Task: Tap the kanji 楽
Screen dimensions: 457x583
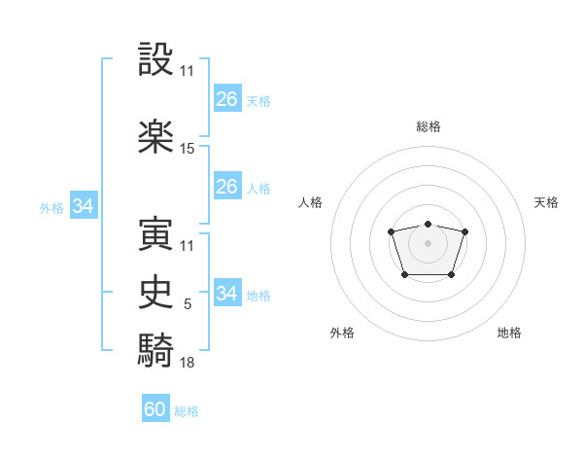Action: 155,137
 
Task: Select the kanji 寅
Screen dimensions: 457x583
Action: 155,234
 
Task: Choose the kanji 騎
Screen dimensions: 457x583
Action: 155,350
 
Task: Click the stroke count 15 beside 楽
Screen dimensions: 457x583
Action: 188,149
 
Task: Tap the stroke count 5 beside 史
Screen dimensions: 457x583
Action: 188,304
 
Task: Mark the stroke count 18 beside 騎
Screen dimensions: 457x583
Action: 188,363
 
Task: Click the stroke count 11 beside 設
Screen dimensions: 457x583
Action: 188,71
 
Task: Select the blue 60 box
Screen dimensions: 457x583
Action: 155,409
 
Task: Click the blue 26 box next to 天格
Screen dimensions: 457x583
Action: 226,99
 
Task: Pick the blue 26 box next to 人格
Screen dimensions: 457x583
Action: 226,187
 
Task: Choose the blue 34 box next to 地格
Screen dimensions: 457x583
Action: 226,294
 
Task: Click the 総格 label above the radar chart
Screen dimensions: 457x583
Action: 428,126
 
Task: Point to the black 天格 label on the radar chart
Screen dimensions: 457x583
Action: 546,202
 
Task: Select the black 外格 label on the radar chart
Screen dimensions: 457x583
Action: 342,333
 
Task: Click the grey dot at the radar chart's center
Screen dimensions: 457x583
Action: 428,242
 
